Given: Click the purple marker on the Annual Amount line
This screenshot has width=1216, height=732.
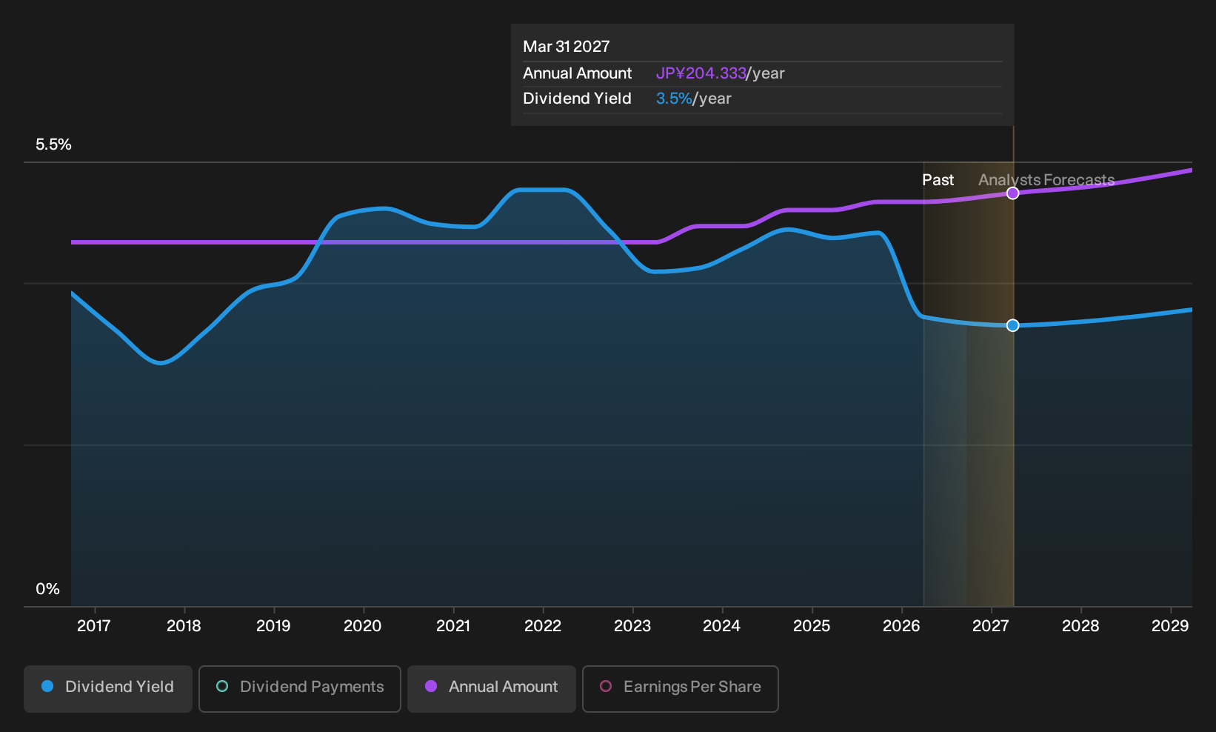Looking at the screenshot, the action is click(x=1012, y=193).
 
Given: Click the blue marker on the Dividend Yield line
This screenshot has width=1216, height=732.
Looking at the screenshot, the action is click(x=1012, y=325).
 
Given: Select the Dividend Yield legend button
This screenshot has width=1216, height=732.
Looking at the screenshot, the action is click(x=108, y=688).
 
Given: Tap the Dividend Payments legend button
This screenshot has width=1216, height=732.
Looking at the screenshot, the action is click(x=300, y=688).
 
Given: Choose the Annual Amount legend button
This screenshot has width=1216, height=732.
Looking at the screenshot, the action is click(x=491, y=688).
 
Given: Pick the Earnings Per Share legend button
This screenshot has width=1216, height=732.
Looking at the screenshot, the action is click(x=680, y=688).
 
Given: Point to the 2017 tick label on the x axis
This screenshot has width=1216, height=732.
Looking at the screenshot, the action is click(x=93, y=626).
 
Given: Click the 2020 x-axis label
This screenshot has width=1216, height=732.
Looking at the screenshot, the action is click(x=363, y=626).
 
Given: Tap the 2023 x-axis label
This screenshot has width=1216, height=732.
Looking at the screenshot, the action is click(x=632, y=626).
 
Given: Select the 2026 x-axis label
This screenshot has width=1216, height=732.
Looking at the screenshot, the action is click(x=901, y=626).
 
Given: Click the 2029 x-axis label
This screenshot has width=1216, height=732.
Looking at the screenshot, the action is click(x=1170, y=626).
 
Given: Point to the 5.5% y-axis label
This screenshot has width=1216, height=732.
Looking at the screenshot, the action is click(x=53, y=144).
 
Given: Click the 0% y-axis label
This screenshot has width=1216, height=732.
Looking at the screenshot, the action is click(x=48, y=589).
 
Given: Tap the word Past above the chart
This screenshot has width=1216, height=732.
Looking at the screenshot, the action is click(x=938, y=180).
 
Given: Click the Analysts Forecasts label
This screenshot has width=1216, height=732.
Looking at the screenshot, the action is click(x=1046, y=180).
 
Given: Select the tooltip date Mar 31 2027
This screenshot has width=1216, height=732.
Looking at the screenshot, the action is click(x=567, y=47).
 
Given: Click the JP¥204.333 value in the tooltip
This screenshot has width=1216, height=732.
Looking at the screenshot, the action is click(x=701, y=73).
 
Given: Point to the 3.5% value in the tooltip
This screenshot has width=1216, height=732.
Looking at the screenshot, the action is click(x=674, y=99).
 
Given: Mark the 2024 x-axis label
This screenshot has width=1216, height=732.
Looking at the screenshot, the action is click(x=721, y=626).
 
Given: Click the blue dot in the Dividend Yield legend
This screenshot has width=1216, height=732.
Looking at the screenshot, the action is click(x=48, y=686).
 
